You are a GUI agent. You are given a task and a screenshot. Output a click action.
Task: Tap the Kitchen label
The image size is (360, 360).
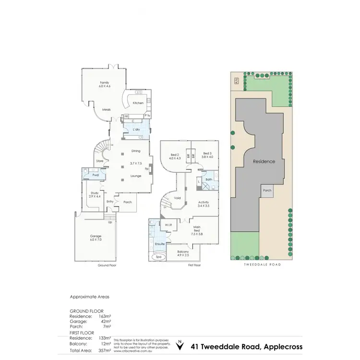click(138, 103)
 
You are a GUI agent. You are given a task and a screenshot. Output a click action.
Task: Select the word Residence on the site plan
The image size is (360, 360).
click(264, 162)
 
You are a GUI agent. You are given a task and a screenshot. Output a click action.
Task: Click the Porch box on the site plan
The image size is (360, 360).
click(267, 190)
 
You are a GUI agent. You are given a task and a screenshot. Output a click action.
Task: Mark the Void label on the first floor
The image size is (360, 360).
click(177, 198)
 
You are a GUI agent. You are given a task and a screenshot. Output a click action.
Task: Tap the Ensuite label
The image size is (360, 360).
click(160, 244)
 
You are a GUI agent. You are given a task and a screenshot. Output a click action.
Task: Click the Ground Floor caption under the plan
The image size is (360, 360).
click(108, 265)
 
